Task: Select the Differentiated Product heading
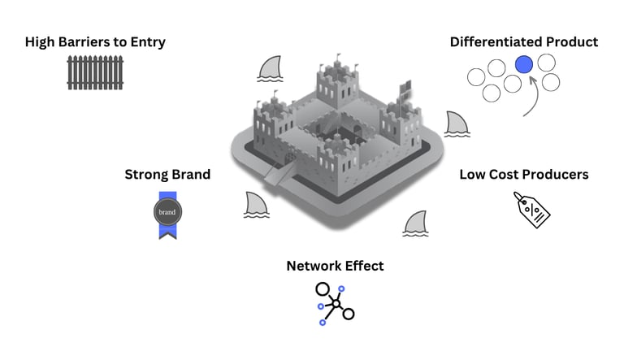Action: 524,41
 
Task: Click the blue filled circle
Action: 524,63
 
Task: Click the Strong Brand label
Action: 167,174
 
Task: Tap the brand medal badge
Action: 167,212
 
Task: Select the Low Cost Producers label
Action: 523,174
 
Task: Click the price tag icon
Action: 531,209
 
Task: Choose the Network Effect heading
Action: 335,266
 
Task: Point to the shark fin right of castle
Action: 457,124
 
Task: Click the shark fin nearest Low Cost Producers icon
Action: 415,223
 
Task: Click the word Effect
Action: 362,266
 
